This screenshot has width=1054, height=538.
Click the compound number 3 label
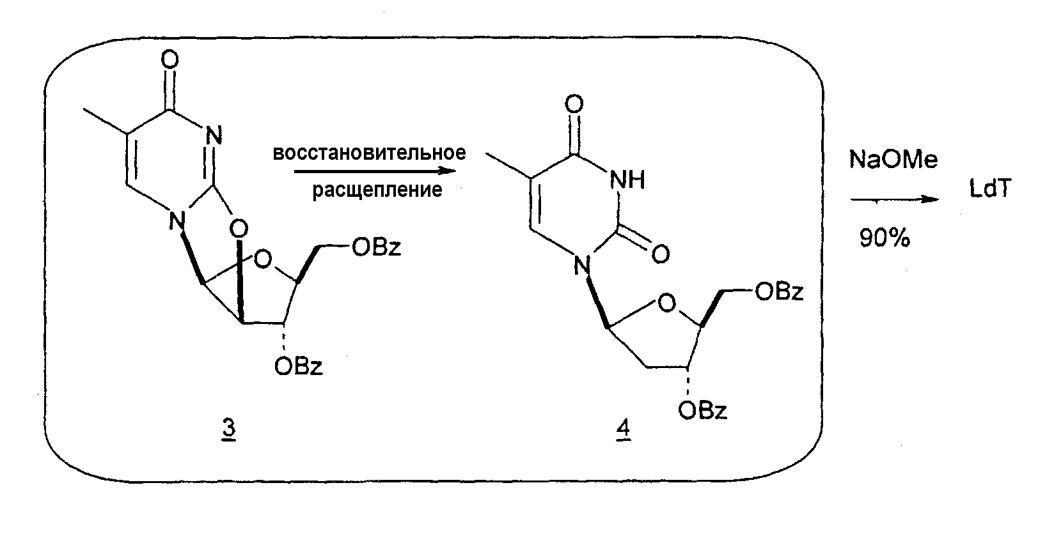(229, 429)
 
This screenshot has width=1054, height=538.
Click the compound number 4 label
(624, 429)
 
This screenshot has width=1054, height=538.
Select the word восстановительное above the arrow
(370, 153)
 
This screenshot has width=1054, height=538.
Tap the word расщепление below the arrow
(377, 190)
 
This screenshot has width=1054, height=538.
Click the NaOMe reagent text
(893, 160)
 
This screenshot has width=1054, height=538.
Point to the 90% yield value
(885, 238)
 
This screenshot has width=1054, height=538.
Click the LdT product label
(990, 188)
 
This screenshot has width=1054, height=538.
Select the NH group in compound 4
(627, 180)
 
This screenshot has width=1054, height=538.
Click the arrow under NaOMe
(895, 200)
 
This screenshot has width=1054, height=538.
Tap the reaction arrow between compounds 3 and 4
(375, 171)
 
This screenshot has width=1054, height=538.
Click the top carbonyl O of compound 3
(170, 59)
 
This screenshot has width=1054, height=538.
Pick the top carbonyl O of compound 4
(574, 104)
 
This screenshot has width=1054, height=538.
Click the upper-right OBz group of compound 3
(377, 247)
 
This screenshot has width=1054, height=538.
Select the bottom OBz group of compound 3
(298, 366)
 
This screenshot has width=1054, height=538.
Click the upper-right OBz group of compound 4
(779, 292)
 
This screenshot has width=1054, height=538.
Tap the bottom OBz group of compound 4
(702, 410)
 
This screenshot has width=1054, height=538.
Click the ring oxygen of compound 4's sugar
(667, 304)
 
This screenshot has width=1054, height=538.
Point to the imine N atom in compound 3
(214, 136)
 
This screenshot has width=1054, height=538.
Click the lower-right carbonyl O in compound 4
(661, 254)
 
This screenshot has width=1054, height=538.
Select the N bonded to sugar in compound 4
(583, 266)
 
